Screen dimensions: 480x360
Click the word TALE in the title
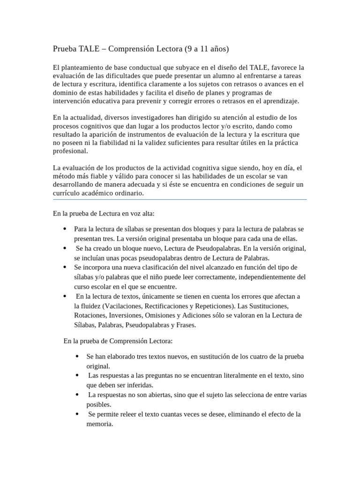(88, 49)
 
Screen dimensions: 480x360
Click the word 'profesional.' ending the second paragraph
(70, 151)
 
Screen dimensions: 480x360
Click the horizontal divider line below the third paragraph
(180, 200)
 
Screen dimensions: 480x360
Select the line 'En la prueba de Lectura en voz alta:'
(104, 213)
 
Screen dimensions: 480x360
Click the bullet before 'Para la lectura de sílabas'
(64, 229)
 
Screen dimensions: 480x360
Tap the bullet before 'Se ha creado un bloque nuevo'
(64, 248)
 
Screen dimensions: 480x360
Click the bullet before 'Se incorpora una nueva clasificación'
(64, 267)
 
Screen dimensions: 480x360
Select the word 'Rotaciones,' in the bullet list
(90, 315)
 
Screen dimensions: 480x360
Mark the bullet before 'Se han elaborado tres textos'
(76, 357)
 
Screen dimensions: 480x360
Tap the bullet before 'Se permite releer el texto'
(76, 414)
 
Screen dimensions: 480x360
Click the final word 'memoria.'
(100, 424)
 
